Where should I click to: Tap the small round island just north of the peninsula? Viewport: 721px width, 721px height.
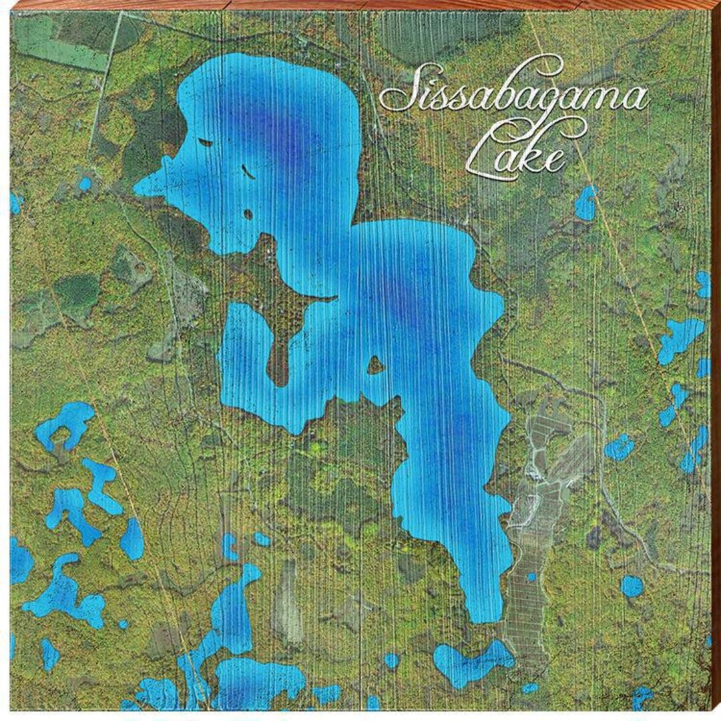[x=248, y=214]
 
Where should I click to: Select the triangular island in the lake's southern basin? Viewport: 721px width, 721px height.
[x=375, y=365]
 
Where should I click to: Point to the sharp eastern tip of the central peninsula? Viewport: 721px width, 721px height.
[x=332, y=298]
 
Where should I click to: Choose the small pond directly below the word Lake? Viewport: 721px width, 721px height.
[x=585, y=203]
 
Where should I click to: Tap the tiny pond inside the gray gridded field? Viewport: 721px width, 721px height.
[x=531, y=577]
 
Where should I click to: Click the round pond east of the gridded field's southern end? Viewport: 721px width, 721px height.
[x=632, y=585]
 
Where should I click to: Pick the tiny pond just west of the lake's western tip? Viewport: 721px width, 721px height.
[x=85, y=184]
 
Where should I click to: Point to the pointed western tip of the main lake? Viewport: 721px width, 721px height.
[x=137, y=188]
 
